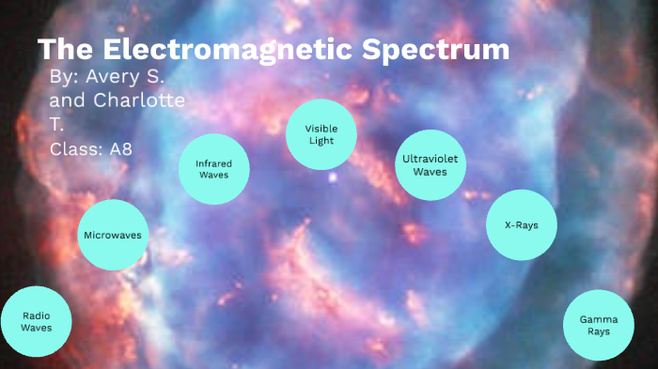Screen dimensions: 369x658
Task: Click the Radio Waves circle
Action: tap(36, 322)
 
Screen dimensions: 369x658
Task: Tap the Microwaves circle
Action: tap(113, 235)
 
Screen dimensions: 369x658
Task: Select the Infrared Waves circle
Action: tap(214, 169)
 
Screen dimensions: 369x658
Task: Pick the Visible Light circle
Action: tap(321, 134)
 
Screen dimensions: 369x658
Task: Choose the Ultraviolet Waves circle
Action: tap(431, 165)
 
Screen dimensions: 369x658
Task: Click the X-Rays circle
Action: tap(521, 225)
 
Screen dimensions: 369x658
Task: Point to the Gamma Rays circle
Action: tap(599, 325)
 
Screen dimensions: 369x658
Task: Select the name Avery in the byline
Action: tap(112, 77)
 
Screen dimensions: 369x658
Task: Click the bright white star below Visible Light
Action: tap(331, 176)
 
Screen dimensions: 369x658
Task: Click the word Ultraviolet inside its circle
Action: tap(431, 159)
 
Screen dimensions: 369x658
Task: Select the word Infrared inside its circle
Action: tap(214, 163)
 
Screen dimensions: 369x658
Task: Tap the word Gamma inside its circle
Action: tap(599, 319)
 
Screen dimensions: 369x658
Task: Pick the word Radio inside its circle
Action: tap(36, 316)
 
